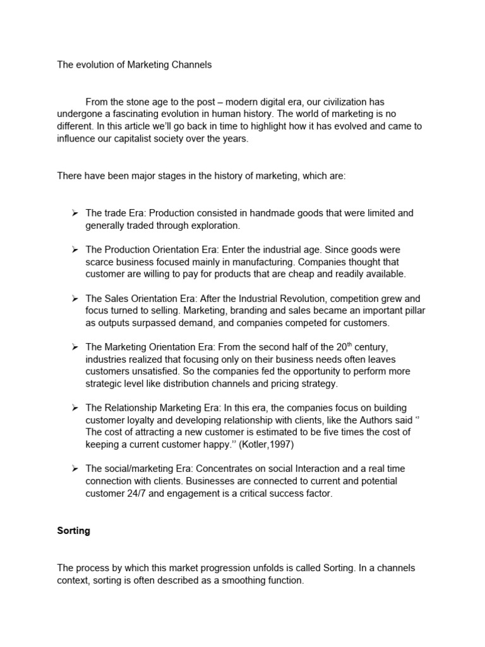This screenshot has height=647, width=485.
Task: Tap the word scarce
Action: click(100, 262)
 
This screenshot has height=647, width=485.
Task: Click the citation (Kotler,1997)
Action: click(275, 444)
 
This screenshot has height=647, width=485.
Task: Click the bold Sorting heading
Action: click(73, 531)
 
